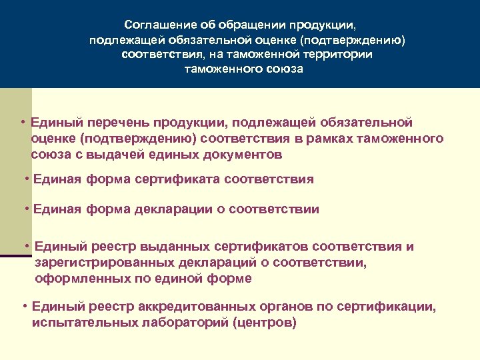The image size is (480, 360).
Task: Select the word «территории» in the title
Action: (x=337, y=55)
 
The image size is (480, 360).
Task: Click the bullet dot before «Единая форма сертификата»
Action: (x=27, y=179)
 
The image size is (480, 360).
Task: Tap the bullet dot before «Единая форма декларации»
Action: (x=27, y=209)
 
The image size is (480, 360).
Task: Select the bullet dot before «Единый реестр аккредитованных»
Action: (x=24, y=307)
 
